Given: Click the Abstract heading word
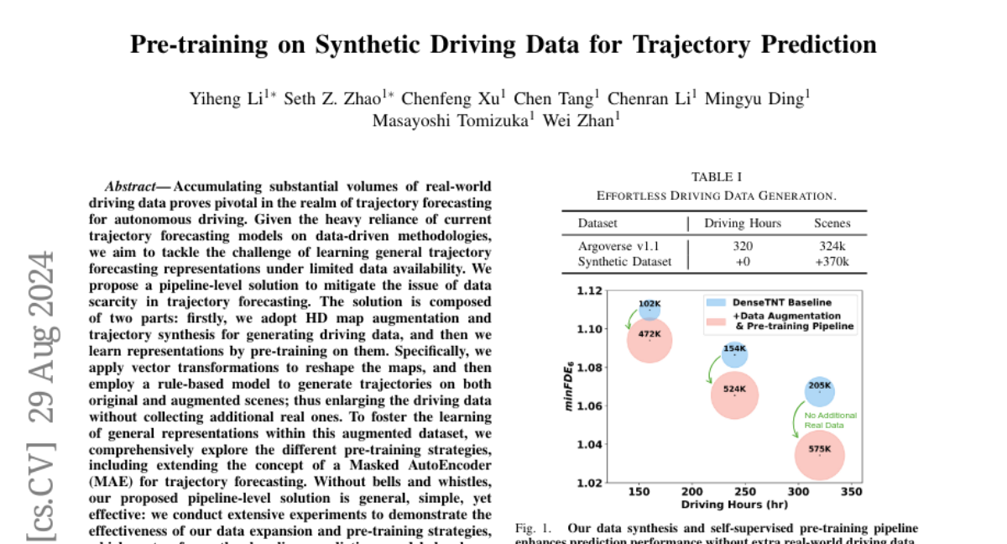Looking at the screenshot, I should point(134,186).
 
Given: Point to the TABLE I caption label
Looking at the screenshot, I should point(716,176).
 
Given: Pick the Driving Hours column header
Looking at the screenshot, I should point(743,223).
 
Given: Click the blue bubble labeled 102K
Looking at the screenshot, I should point(650,307).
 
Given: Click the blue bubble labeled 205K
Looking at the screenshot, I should point(820,390).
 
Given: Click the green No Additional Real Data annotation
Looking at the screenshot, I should point(831,421).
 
